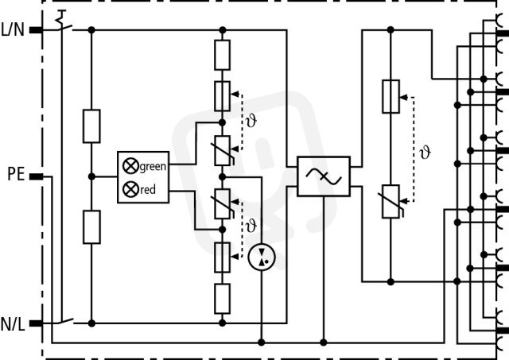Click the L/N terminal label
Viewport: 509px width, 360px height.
point(13,30)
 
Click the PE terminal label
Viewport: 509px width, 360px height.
point(16,174)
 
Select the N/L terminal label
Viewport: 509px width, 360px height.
point(13,324)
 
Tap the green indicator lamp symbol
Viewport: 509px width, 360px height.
point(130,166)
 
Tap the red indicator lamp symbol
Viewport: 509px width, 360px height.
point(130,189)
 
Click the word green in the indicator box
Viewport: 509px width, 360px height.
point(153,166)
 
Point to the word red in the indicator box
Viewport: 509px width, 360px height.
point(148,189)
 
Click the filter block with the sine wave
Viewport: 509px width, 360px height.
point(324,176)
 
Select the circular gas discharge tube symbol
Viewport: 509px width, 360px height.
point(262,257)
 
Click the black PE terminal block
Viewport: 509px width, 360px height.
point(36,176)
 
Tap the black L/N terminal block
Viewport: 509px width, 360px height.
point(36,30)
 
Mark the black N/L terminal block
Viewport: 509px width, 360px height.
point(36,323)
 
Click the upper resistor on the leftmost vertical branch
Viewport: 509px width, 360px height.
point(91,126)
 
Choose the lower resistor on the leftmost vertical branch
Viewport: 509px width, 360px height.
point(91,227)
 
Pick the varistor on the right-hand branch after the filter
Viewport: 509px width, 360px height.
point(390,201)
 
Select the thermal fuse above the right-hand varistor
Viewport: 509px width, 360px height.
point(390,96)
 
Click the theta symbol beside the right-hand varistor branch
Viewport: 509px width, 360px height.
point(425,152)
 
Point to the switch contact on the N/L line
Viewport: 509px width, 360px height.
point(65,322)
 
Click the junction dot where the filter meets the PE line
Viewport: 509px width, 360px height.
point(324,343)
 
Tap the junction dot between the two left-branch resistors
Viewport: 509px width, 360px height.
point(91,176)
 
